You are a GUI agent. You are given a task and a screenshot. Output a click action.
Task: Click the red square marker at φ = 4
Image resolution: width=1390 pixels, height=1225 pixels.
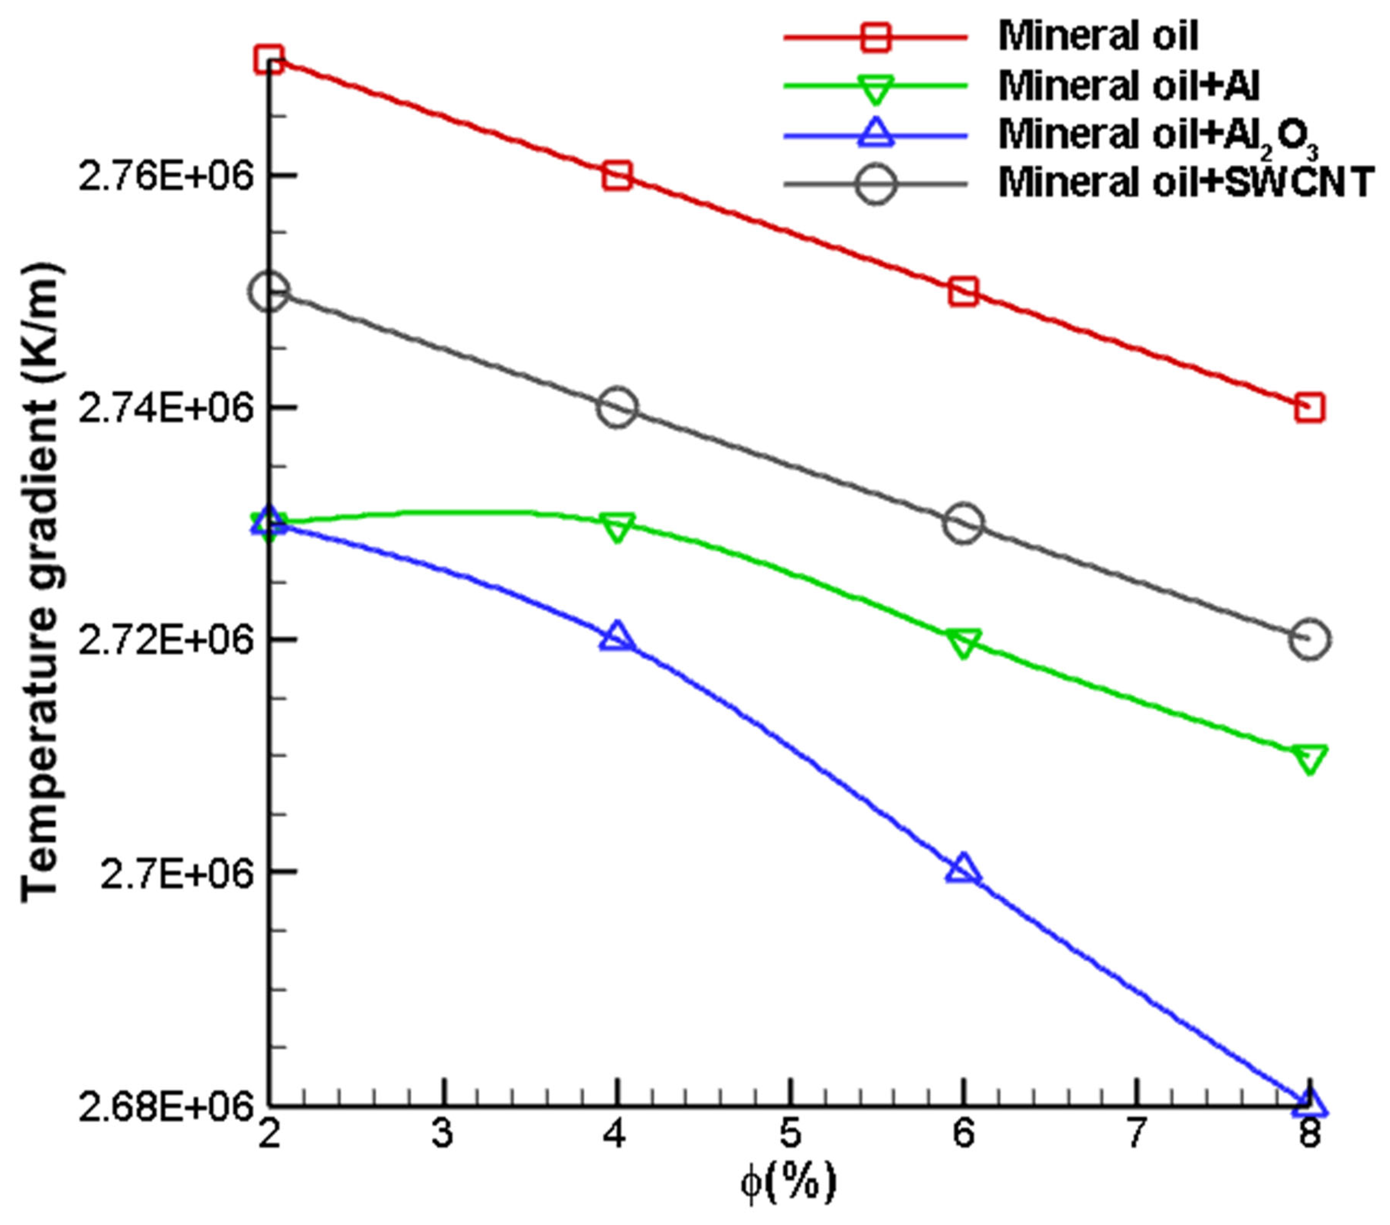click(617, 175)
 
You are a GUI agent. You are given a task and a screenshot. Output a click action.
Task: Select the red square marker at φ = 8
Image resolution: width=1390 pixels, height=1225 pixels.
click(1310, 408)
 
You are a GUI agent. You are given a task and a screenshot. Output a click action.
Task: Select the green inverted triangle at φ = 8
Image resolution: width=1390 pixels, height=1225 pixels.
click(1310, 758)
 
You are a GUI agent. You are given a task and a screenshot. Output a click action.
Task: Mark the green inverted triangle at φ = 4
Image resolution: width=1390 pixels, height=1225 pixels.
click(617, 527)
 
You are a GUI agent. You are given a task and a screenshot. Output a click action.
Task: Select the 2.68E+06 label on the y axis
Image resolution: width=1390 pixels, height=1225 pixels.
click(166, 1105)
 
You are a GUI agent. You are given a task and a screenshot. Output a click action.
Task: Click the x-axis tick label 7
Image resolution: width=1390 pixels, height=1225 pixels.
click(1136, 1135)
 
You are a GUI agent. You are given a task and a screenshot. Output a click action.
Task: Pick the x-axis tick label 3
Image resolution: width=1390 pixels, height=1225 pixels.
click(443, 1135)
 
